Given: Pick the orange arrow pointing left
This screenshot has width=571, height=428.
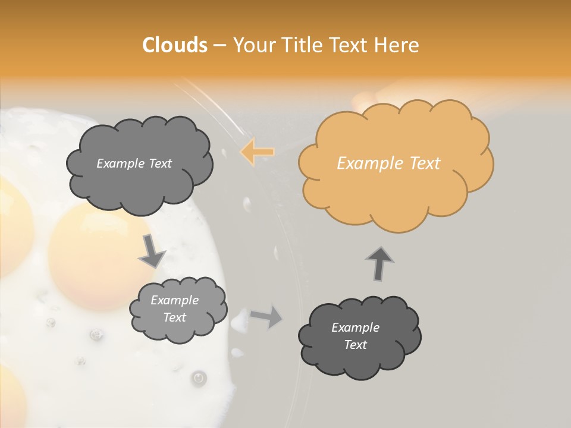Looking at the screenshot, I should click(258, 152).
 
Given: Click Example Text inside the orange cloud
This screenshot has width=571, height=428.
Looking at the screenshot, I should click(388, 163).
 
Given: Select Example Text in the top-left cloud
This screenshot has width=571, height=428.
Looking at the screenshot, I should click(134, 163).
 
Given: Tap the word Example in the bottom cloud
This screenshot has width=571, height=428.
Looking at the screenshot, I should click(355, 328).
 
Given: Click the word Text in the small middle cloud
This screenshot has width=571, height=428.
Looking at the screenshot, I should click(174, 317).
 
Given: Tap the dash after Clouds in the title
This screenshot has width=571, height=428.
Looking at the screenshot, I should click(219, 45).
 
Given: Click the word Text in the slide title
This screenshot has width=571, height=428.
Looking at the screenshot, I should click(351, 45).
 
